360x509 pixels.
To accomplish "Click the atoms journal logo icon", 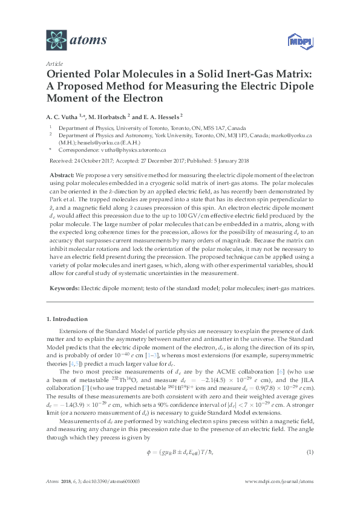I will [x=56, y=40].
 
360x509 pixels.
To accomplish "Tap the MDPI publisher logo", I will [x=294, y=42].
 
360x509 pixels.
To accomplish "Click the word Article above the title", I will [x=53, y=63].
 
